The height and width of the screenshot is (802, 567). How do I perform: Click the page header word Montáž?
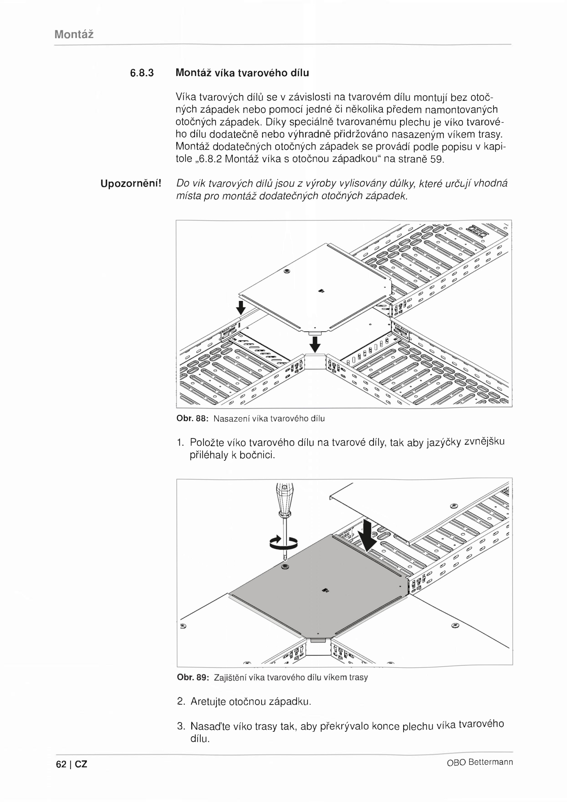tap(74, 34)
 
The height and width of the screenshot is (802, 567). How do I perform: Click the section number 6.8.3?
tap(142, 73)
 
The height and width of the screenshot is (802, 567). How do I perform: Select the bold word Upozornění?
tap(131, 184)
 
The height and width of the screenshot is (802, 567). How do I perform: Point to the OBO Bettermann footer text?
tap(480, 762)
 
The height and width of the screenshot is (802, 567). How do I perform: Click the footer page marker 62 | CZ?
tap(72, 764)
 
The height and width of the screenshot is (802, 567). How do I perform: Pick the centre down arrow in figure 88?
tap(315, 344)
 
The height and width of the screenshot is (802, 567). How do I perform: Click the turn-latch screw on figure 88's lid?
tap(287, 272)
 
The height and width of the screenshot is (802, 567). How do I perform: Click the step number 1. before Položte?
tap(180, 442)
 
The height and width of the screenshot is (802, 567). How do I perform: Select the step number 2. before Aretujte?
tap(181, 701)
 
